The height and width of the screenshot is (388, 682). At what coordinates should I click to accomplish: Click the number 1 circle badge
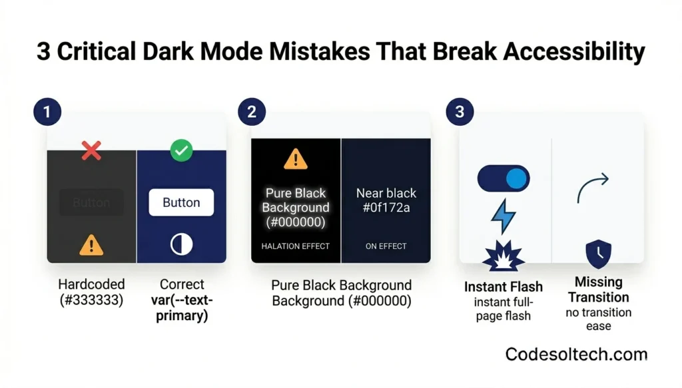[x=47, y=112]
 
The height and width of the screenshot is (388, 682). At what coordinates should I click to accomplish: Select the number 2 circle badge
[x=251, y=112]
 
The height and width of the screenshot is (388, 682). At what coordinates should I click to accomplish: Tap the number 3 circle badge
[x=459, y=112]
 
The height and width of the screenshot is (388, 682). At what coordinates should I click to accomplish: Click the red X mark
[x=91, y=150]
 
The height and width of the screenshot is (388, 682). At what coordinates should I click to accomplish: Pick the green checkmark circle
[x=181, y=150]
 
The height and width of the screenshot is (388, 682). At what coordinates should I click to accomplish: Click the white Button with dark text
[x=181, y=202]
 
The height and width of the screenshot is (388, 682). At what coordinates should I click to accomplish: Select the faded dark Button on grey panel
[x=91, y=202]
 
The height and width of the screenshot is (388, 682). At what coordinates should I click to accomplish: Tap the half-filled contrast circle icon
[x=181, y=244]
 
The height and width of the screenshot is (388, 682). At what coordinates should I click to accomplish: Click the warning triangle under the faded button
[x=91, y=245]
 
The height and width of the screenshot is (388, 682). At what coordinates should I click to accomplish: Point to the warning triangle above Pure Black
[x=296, y=159]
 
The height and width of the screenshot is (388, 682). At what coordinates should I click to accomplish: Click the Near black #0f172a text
[x=386, y=200]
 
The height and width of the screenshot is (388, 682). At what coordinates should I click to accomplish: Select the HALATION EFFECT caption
[x=296, y=246]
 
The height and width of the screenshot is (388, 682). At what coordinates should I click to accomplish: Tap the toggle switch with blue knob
[x=504, y=179]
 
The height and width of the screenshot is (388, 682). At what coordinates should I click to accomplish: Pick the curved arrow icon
[x=593, y=187]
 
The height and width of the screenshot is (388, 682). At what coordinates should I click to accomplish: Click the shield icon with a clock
[x=598, y=254]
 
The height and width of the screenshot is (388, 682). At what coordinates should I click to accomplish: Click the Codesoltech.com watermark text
[x=576, y=354]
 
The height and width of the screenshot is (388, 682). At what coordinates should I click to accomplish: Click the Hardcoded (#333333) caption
[x=91, y=292]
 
